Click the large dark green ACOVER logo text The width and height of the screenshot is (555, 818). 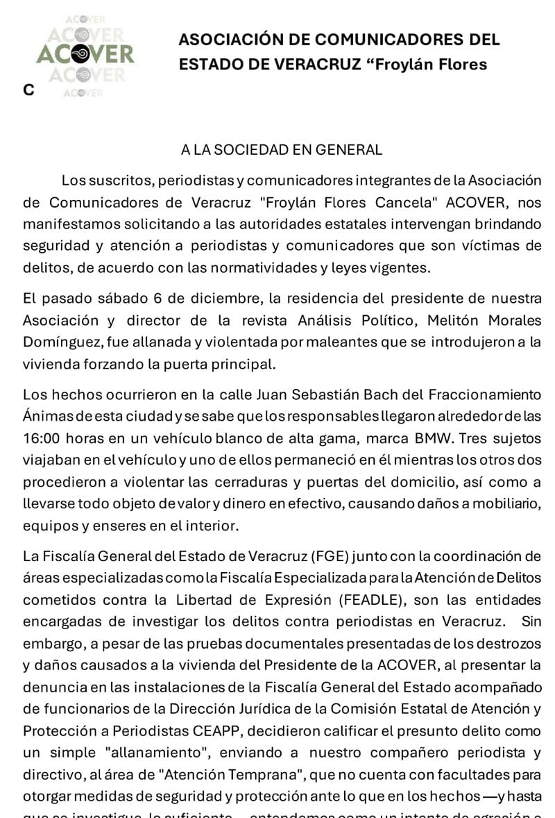(85, 54)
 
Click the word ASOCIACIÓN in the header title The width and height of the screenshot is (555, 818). (225, 40)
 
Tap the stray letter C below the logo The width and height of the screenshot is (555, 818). (28, 90)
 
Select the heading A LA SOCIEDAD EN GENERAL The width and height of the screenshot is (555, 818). (282, 149)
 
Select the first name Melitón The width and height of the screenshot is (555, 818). (440, 321)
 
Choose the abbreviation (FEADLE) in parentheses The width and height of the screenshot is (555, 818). (375, 599)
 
